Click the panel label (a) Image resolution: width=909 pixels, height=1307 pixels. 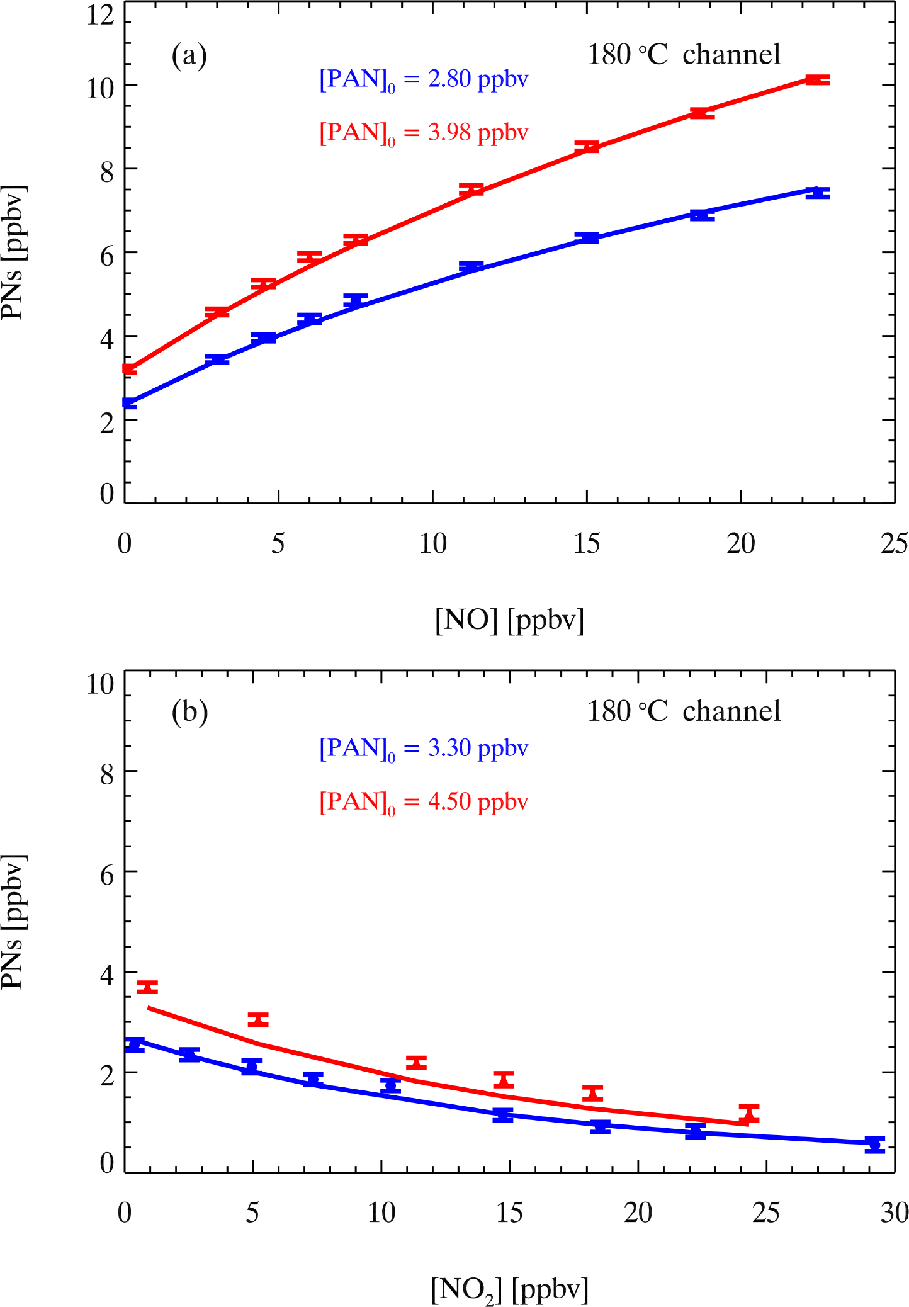[189, 56]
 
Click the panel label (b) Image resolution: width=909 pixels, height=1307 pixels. [189, 712]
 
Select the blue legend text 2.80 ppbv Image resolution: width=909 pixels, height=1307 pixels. [477, 79]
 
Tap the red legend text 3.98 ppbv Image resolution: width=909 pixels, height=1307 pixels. [477, 133]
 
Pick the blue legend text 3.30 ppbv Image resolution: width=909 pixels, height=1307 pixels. [477, 749]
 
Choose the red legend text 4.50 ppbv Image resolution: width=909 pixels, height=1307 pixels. [477, 802]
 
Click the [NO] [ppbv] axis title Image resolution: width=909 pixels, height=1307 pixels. [509, 620]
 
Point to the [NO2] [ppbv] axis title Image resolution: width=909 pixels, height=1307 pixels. [509, 1289]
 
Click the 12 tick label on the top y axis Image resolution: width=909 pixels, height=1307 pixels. [101, 14]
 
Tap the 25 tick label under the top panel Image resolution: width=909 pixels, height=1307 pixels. [894, 543]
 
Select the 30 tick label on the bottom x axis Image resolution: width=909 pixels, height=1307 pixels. [894, 1212]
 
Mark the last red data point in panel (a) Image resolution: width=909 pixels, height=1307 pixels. [818, 80]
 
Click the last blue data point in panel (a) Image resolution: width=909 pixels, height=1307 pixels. [818, 193]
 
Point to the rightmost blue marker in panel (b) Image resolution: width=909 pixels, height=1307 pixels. [874, 1145]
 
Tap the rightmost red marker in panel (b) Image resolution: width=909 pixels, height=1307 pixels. [749, 1114]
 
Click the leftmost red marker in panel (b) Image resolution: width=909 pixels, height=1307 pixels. [147, 987]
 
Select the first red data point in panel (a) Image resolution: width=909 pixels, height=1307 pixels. [129, 369]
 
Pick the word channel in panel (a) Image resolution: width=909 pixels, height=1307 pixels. [731, 55]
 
